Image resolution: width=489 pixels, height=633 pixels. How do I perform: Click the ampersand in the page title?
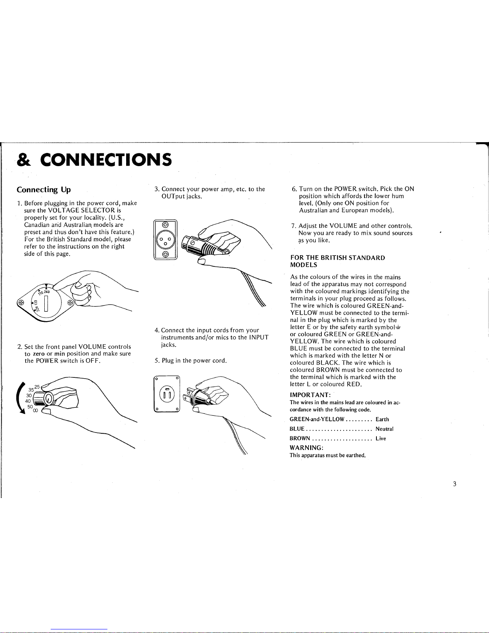coord(24,160)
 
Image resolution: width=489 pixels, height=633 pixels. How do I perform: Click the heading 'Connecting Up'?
coord(44,190)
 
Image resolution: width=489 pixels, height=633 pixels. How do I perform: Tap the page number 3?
coord(455,484)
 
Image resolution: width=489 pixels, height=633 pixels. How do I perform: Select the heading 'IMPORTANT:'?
coord(310,395)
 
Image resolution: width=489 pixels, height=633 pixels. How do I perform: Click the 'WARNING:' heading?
coord(307,448)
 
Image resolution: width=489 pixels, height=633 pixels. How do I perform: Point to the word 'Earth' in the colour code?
coord(382,419)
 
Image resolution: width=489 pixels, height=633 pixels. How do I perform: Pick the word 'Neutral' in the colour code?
coord(384,429)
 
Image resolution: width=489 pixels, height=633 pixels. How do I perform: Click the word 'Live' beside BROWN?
coord(381,439)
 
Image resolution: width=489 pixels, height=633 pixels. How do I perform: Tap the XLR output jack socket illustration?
coord(165,240)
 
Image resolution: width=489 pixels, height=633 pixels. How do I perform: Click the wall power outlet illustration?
coord(167,394)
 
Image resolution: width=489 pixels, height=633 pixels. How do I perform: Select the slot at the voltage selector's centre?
coord(46,303)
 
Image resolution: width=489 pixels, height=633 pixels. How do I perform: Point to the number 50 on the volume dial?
coord(30,407)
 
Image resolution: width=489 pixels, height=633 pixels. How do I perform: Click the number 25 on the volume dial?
coord(37,387)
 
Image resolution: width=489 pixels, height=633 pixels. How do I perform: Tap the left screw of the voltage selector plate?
coord(21,303)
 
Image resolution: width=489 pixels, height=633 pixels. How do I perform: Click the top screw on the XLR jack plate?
coord(165,224)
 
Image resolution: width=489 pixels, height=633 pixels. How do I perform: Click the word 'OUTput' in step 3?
coord(173,196)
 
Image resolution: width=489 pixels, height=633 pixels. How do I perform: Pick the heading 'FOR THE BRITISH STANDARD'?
coord(338,258)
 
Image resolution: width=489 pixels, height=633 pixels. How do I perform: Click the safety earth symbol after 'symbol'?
coord(398,327)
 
